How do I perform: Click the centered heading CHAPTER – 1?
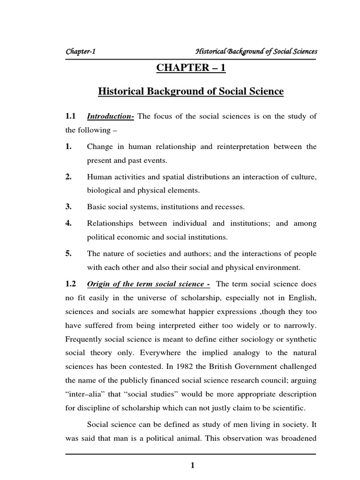click(x=191, y=68)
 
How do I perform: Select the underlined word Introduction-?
click(x=111, y=117)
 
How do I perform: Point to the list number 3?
click(x=68, y=206)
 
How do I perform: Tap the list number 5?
click(x=68, y=254)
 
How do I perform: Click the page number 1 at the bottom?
click(x=192, y=465)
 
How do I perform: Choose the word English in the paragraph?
click(x=301, y=298)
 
